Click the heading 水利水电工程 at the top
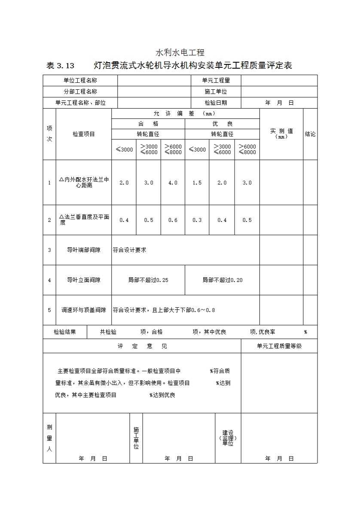[180, 53]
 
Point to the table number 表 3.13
[60, 66]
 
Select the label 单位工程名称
[80, 80]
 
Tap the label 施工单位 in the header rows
[216, 91]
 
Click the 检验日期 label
[216, 103]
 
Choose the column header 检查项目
[84, 134]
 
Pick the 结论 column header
[310, 134]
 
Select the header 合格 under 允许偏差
[148, 124]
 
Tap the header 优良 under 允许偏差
[222, 124]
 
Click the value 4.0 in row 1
[173, 182]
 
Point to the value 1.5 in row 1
[197, 182]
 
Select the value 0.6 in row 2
[173, 220]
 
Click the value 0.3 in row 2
[197, 220]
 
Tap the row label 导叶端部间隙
[84, 250]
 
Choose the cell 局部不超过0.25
[148, 280]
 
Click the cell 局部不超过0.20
[223, 280]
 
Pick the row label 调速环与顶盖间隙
[84, 310]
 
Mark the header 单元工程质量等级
[279, 346]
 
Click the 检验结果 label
[65, 332]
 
